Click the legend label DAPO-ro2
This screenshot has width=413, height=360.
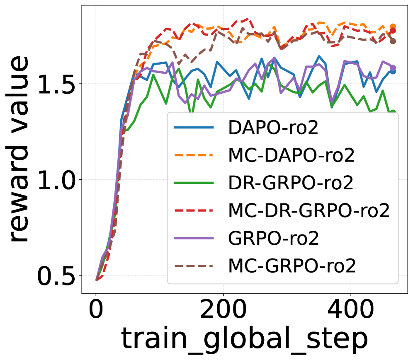(x=273, y=128)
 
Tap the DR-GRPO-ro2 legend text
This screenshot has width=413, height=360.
(x=291, y=183)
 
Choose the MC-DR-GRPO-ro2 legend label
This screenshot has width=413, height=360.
(x=309, y=211)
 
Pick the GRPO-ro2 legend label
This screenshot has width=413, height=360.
(x=273, y=239)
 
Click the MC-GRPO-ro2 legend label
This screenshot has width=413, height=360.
(x=292, y=266)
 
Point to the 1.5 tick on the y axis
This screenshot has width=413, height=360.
(x=57, y=84)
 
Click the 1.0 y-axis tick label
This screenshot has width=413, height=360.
(x=57, y=179)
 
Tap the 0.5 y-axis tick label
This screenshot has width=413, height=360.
(x=57, y=275)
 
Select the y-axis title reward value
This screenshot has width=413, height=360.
(x=19, y=149)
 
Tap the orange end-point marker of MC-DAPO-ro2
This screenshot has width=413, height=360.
(x=393, y=27)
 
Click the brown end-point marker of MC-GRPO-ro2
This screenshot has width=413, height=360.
(x=393, y=41)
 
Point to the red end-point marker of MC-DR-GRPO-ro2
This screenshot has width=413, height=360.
(x=393, y=31)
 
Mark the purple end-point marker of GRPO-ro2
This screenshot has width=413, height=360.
(x=393, y=68)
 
